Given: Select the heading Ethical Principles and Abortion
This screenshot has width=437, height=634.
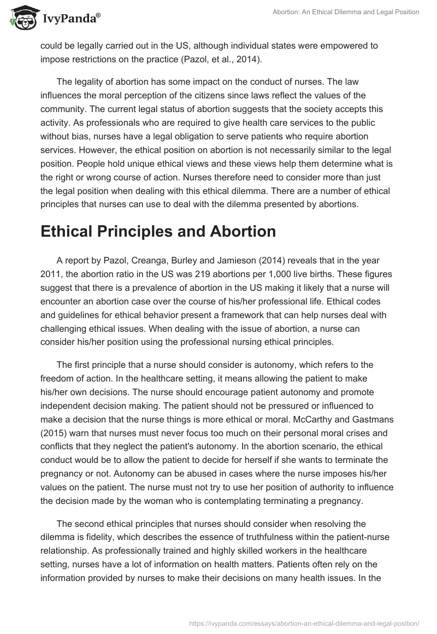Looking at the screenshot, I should (158, 231).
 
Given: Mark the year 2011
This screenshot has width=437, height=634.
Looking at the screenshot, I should (51, 273).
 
